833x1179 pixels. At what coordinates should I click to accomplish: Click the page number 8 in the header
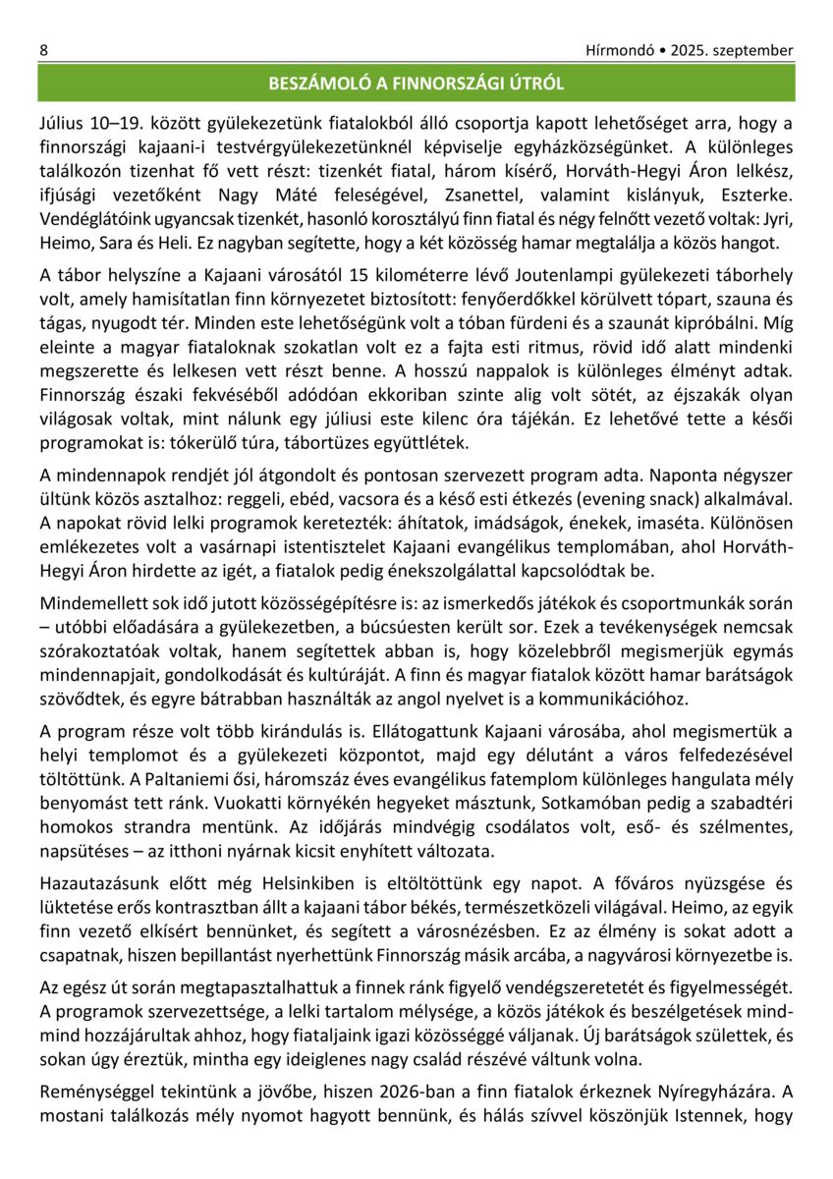44,50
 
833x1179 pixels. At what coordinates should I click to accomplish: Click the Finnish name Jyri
775,217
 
